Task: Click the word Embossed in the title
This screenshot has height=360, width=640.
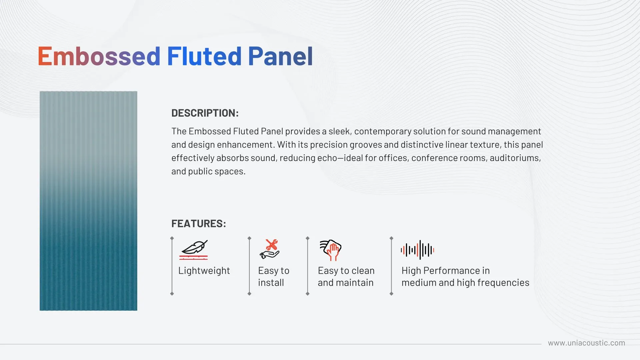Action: [99, 56]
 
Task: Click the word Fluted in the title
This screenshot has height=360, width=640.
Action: [204, 56]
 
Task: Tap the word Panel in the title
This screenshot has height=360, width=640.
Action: [280, 56]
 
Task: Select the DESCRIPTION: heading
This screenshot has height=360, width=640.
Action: [205, 113]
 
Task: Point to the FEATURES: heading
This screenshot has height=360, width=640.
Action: [199, 223]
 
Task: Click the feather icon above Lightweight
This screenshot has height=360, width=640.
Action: [194, 250]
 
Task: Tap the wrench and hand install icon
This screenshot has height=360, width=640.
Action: [270, 249]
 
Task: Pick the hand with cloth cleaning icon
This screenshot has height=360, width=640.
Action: [330, 250]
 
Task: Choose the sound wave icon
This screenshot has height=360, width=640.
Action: [417, 250]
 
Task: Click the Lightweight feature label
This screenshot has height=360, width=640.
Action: [204, 271]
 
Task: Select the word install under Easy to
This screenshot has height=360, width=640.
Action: [271, 283]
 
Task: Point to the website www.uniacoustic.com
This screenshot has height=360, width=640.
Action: [587, 343]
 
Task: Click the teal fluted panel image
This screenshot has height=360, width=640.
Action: [88, 201]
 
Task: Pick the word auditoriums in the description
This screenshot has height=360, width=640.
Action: [515, 158]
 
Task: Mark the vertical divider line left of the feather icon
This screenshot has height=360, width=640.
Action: [172, 266]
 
